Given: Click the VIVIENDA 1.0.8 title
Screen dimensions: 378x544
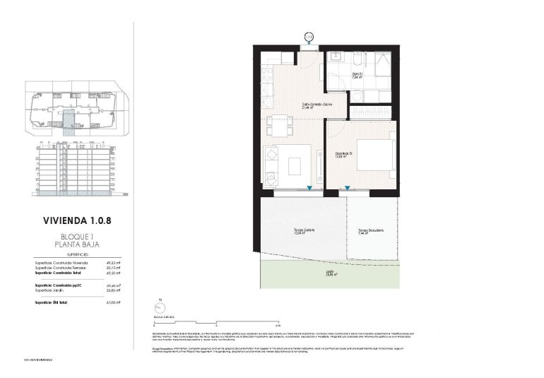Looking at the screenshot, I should (76, 220).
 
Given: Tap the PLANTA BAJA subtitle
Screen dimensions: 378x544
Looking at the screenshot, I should (76, 244).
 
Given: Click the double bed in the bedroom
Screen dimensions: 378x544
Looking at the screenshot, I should (374, 155).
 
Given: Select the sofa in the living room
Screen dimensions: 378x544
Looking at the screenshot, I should (273, 163).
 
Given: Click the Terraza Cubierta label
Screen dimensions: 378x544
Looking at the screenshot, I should (304, 231).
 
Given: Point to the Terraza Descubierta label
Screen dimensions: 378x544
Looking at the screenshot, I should (371, 231).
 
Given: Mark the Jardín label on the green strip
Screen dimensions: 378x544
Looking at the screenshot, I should (331, 272).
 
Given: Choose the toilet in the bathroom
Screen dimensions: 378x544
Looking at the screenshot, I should (357, 95).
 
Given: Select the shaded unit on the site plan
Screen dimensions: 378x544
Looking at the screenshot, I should (69, 120).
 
